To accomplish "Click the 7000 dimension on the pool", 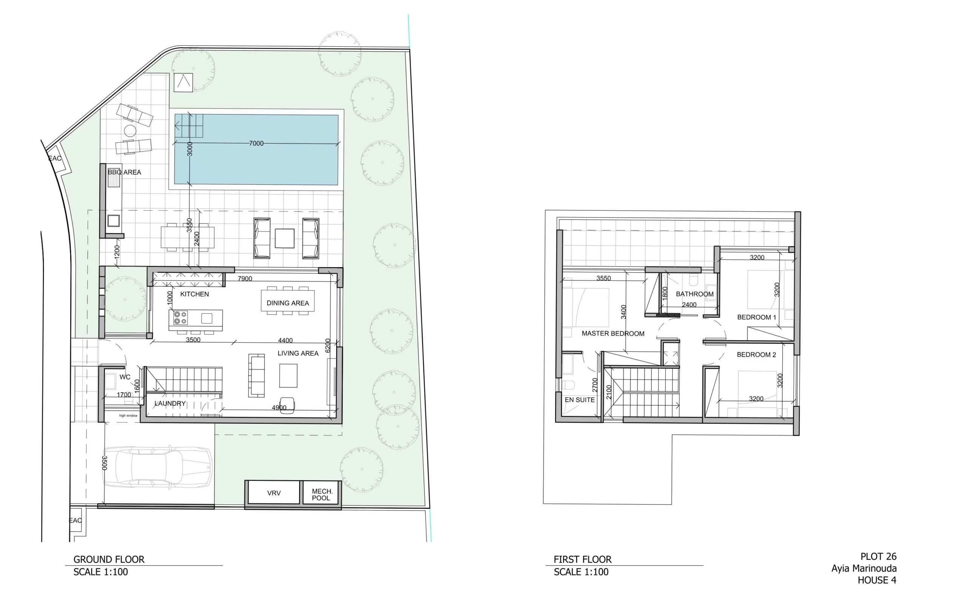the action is point(256,143).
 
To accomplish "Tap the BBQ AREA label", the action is point(124,172).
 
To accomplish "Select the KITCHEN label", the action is point(194,294).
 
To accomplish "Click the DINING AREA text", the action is point(288,303).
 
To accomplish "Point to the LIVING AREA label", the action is point(298,353).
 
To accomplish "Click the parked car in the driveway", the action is point(158,467).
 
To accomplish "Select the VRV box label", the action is point(274,493).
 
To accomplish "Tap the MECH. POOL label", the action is point(322,495).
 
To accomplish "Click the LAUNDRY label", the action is point(170,403).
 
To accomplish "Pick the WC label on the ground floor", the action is point(125,377).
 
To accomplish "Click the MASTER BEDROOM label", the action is point(613,334).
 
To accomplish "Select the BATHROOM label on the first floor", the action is point(694,294).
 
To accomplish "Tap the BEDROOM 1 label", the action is point(756,317).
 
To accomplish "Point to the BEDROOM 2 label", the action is point(756,355).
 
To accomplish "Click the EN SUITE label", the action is point(580,400).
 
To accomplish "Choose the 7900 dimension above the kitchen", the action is point(245,279).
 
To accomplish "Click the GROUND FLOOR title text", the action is point(109,559).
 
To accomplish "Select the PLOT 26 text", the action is point(878,556).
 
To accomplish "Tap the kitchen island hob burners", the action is point(180,318).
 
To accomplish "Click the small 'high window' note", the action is point(128,416).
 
